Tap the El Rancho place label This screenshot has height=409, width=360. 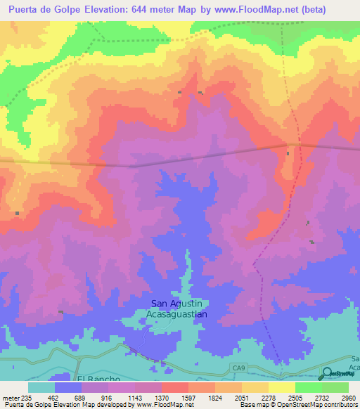pos(95,378)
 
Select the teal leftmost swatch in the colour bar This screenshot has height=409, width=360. pos(41,387)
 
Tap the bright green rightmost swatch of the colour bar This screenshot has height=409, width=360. pos(335,387)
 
